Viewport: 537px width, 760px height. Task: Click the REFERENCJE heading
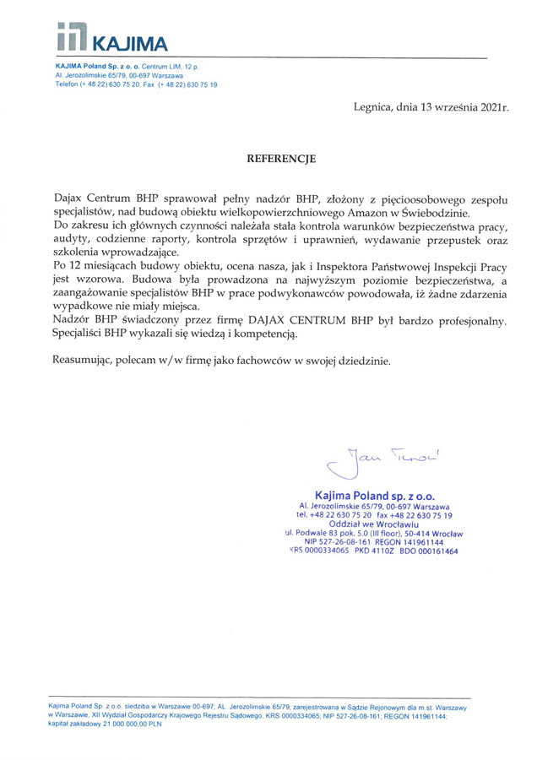click(x=280, y=158)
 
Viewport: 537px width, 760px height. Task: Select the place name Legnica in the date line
click(x=374, y=107)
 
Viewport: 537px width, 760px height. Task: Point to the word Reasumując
click(x=83, y=361)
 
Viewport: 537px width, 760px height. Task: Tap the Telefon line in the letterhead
click(x=136, y=84)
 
